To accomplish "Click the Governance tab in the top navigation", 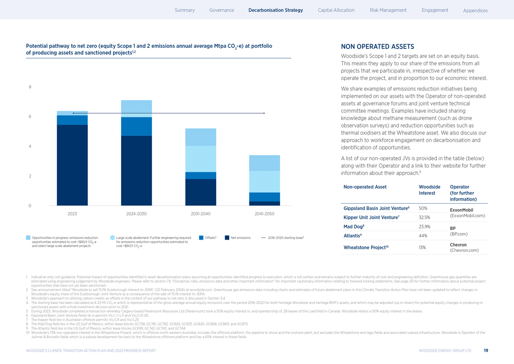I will [x=222, y=10].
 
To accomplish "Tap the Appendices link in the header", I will [x=475, y=11].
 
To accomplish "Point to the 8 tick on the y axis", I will [x=29, y=87].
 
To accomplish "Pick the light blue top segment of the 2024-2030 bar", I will [x=137, y=106].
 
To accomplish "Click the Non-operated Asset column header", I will [x=365, y=187].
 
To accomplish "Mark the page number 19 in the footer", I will [x=485, y=351].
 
